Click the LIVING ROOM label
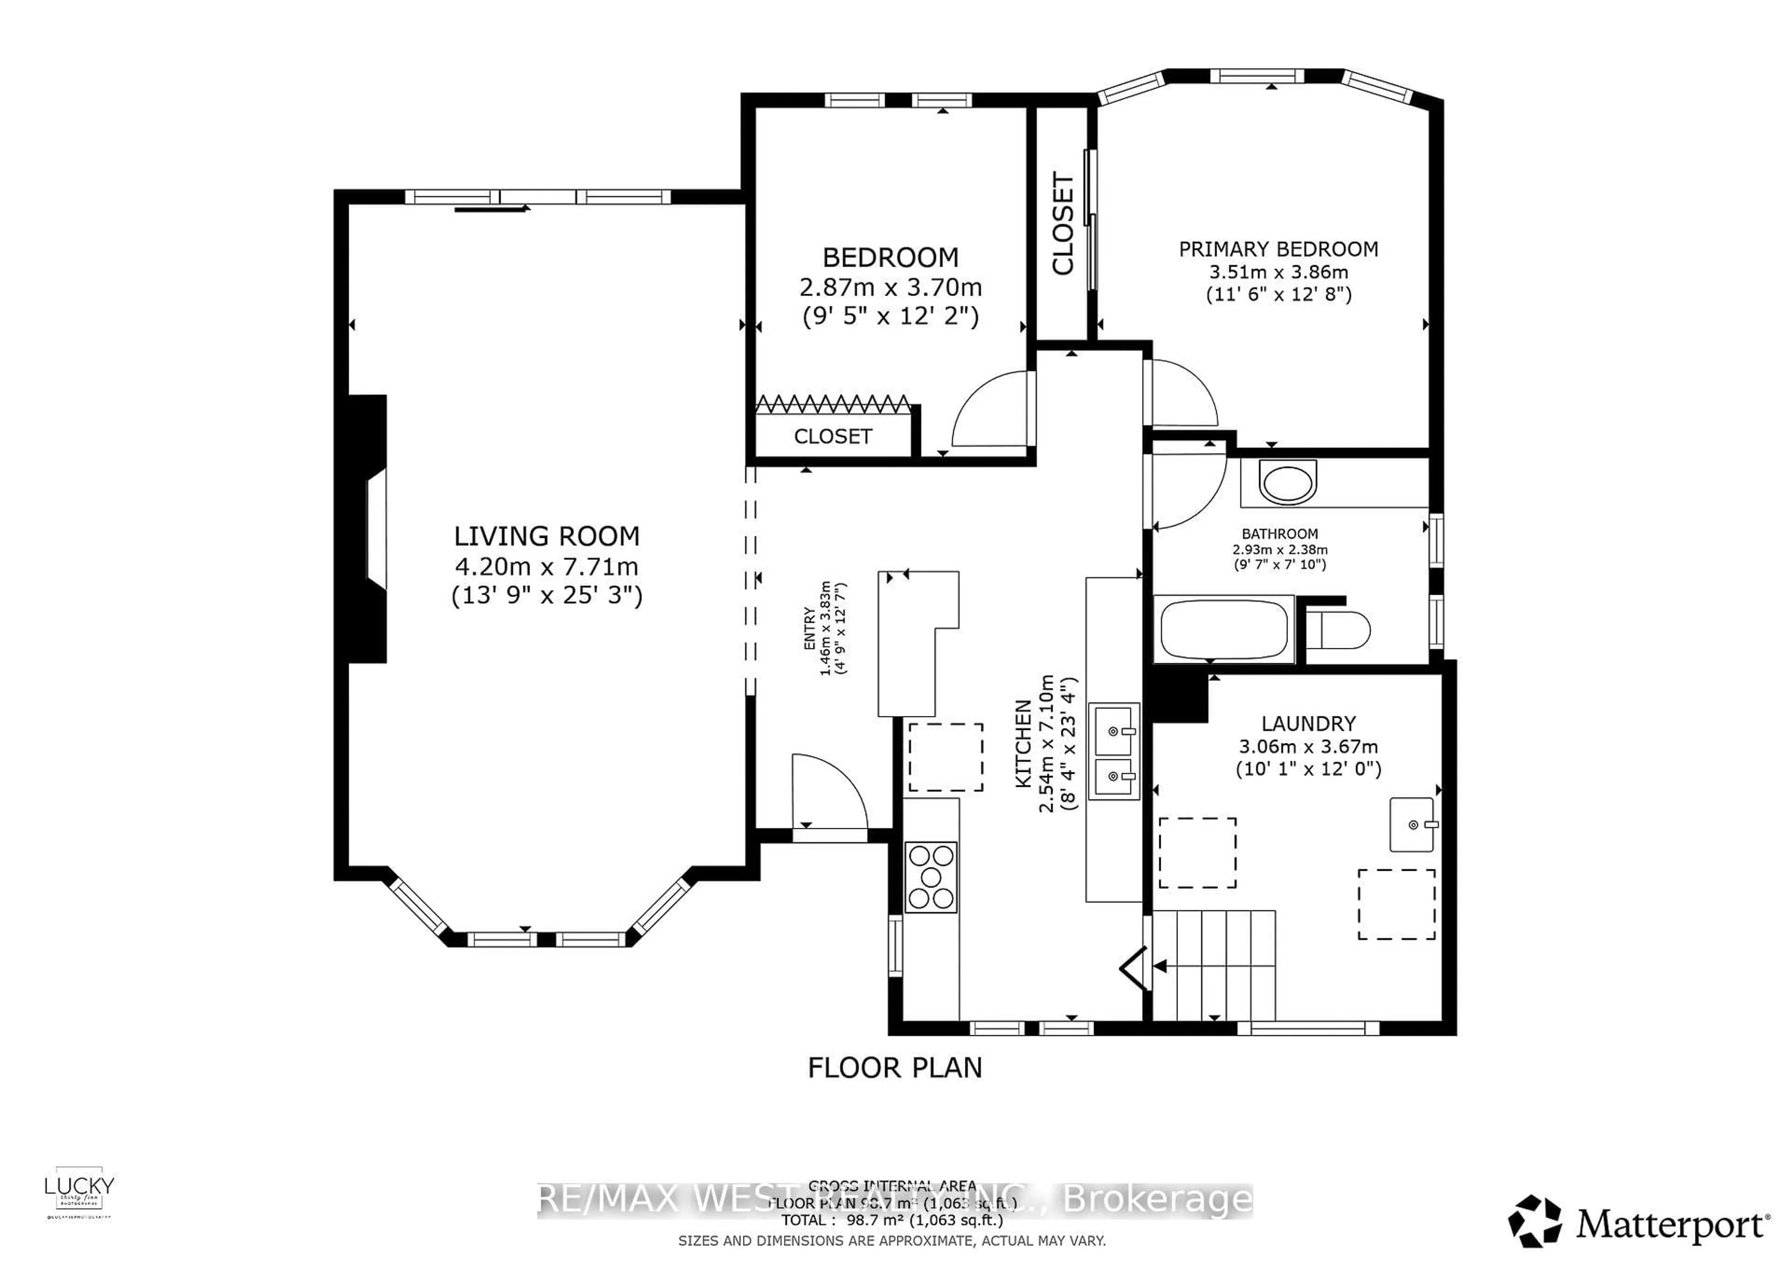(546, 537)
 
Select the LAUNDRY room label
(1308, 723)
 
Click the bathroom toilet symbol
(1338, 630)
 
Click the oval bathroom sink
(1288, 482)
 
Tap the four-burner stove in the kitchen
(931, 877)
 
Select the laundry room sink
(1412, 824)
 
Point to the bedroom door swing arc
(989, 409)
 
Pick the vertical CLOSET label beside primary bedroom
(1063, 224)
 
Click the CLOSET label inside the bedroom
(833, 437)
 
